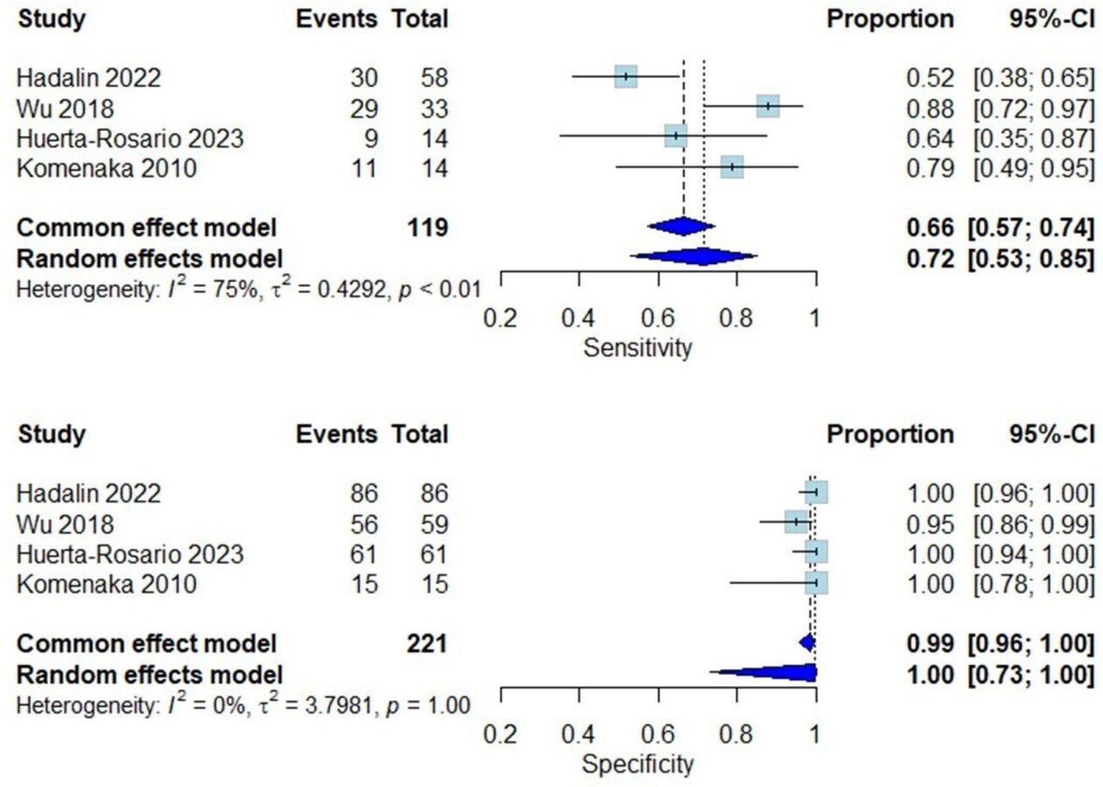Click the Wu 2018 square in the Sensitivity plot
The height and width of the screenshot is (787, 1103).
point(768,106)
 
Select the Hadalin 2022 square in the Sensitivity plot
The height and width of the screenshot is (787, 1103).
point(626,77)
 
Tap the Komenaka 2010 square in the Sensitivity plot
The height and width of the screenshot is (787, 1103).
point(732,166)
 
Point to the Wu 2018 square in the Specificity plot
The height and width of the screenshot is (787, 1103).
point(796,522)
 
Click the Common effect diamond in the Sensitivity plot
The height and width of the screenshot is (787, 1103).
point(682,226)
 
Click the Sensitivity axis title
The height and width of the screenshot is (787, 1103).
point(638,347)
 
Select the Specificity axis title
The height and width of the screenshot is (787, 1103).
point(638,764)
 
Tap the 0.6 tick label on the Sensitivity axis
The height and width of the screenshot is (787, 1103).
point(657,318)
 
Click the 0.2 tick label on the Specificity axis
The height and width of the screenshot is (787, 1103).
point(501,734)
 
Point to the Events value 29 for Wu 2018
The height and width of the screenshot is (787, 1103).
point(364,109)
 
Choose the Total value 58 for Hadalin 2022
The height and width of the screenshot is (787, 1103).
point(434,78)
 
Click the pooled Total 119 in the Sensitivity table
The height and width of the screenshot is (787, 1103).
point(427,228)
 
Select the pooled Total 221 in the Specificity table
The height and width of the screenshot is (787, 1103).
point(427,644)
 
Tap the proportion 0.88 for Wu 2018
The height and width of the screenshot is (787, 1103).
point(930,109)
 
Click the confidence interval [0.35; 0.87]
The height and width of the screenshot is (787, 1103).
point(1033,139)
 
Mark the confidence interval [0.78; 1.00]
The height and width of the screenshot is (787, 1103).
point(1033,584)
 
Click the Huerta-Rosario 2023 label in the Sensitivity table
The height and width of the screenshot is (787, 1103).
point(130,139)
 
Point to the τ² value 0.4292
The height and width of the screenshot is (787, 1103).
point(351,290)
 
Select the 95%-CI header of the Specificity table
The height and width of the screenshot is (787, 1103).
point(1052,434)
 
